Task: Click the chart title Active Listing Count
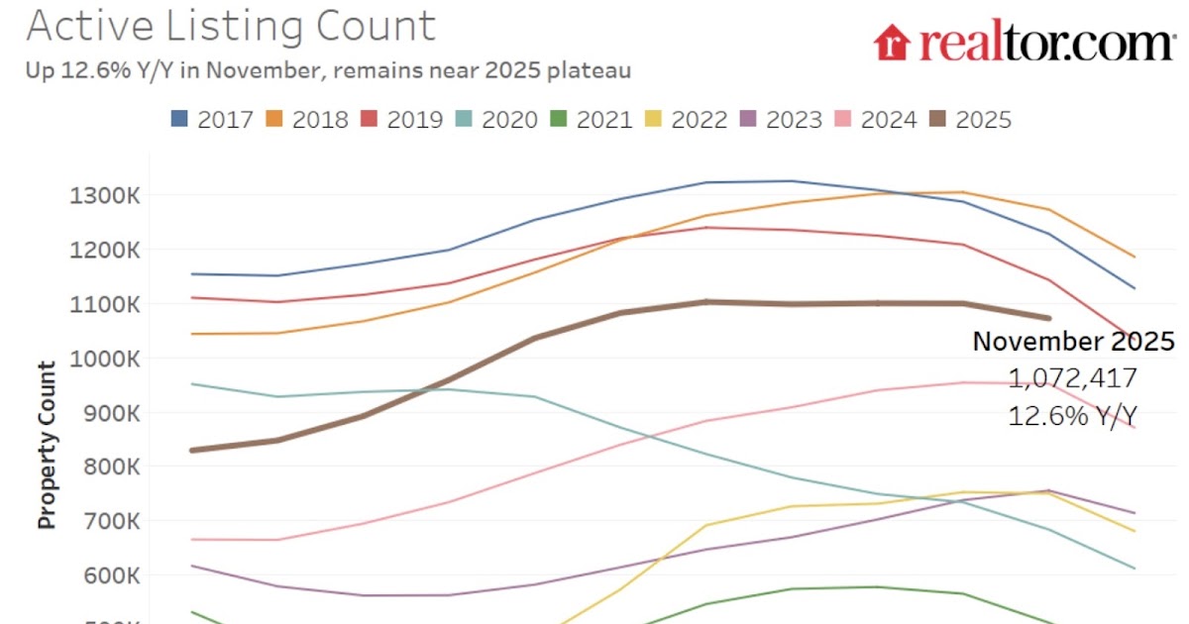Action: pos(230,27)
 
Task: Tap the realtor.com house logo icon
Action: pos(892,43)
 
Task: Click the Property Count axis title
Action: pos(47,445)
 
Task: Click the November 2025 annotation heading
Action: pos(1073,343)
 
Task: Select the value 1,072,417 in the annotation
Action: pos(1073,378)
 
